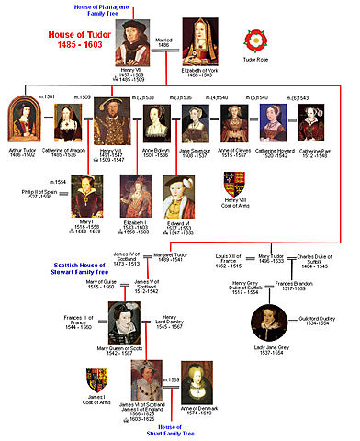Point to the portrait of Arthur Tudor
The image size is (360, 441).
click(x=22, y=120)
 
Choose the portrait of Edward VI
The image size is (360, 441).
click(x=175, y=196)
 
